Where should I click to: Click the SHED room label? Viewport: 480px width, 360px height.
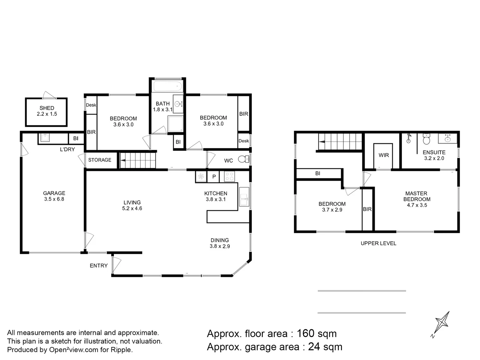tap(47, 108)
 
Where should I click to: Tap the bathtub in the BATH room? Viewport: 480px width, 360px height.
tap(167, 86)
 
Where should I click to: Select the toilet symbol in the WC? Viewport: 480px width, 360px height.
tap(244, 159)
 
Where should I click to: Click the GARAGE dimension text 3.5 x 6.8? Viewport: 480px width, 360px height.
tap(54, 199)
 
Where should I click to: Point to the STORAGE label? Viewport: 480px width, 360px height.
tap(100, 160)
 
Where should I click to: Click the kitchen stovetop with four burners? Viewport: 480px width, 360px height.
tap(229, 176)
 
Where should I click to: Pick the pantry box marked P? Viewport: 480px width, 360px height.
tap(214, 177)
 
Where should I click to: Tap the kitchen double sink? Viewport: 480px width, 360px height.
tap(244, 197)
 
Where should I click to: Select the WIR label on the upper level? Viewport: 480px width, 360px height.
tap(384, 155)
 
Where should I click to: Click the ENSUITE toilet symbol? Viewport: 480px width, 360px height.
tap(426, 139)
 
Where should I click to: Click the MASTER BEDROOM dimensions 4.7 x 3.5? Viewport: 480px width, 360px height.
tap(417, 205)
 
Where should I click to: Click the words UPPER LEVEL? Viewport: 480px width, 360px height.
tap(378, 243)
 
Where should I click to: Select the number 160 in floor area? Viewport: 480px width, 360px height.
tap(305, 333)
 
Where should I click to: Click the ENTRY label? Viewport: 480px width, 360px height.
tap(99, 266)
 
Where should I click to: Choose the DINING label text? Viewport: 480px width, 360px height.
tap(220, 240)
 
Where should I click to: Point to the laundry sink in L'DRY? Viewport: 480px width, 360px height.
tap(45, 137)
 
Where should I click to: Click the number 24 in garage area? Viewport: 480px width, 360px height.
tap(314, 347)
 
